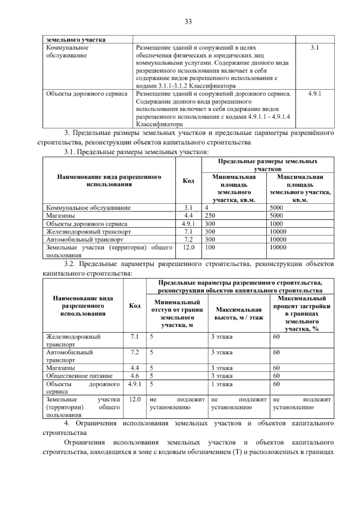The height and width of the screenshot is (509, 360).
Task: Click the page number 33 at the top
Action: (x=188, y=22)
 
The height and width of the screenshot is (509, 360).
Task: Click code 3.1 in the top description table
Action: (x=314, y=47)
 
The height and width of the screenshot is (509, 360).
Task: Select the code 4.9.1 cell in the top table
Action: (x=314, y=94)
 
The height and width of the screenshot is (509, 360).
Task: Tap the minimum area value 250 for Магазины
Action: (x=210, y=216)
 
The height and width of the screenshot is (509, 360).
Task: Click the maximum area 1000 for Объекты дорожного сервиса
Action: (x=276, y=224)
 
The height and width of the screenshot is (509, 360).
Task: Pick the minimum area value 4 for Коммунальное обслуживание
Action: (x=207, y=208)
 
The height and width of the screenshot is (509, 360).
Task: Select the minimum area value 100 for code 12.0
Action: (x=210, y=247)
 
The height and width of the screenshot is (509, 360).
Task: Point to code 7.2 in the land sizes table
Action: (x=188, y=239)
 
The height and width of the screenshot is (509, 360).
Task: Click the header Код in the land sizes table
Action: (x=188, y=181)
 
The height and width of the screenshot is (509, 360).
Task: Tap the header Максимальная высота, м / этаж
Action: (x=239, y=313)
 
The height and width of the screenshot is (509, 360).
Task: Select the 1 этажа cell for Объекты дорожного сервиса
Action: (x=222, y=384)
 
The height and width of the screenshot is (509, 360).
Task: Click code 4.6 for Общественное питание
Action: (x=134, y=376)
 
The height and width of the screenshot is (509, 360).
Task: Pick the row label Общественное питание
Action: (x=79, y=376)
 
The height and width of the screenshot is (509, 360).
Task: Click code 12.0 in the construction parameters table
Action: (x=134, y=399)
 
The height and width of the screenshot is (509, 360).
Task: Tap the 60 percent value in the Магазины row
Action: (x=276, y=368)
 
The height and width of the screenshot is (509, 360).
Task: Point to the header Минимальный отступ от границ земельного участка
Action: (x=177, y=313)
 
